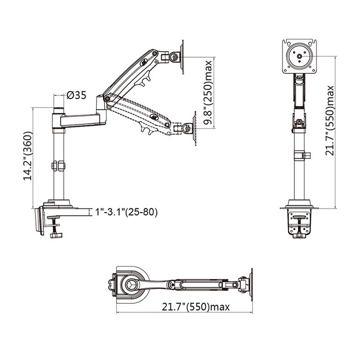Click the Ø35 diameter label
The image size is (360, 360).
tap(76, 95)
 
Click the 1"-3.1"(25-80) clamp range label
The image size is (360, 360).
tap(126, 212)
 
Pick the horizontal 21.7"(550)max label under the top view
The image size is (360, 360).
tap(196, 307)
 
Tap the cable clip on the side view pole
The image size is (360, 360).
tap(58, 166)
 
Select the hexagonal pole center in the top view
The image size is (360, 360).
tap(131, 285)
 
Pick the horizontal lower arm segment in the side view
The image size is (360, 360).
tap(81, 120)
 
